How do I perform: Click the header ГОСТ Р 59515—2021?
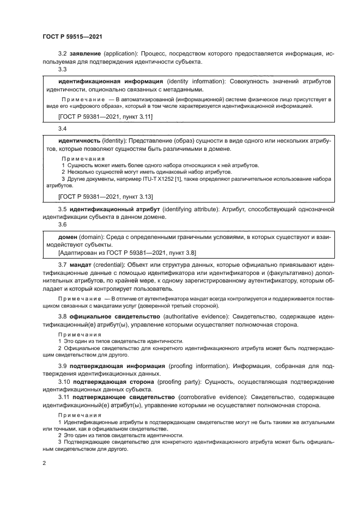[72, 36]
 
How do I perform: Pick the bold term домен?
[68, 237]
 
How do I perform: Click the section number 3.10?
[64, 383]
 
